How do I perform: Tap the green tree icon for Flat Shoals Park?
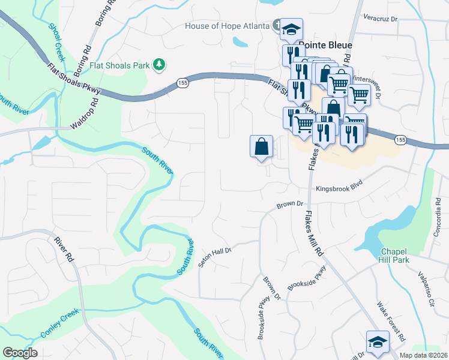[x=159, y=64]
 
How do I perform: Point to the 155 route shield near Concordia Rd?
[x=400, y=139]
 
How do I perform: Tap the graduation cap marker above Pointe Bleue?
[x=292, y=29]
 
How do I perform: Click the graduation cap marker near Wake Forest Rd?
[x=377, y=342]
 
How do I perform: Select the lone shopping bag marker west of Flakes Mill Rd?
[x=261, y=146]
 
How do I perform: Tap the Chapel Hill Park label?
[x=394, y=255]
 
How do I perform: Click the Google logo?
[x=20, y=353]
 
